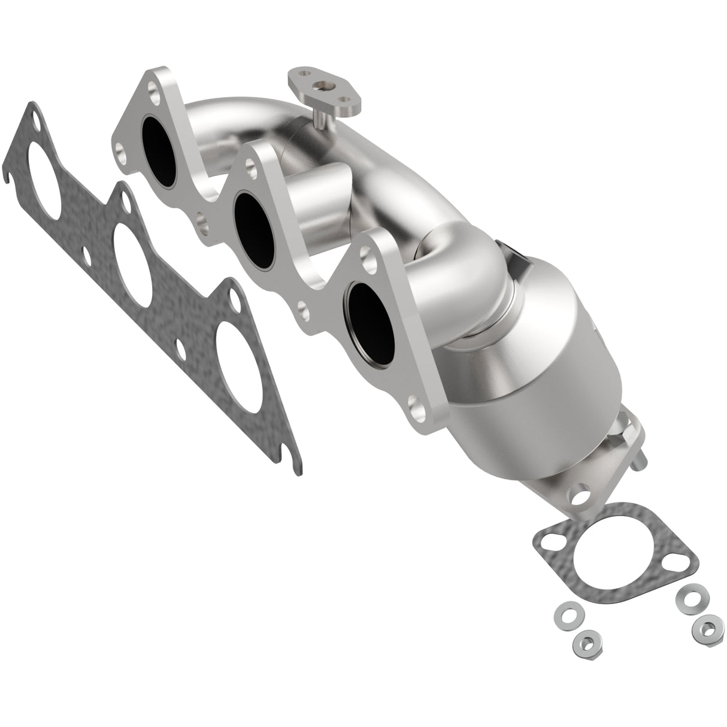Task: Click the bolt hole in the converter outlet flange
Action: coord(580,496)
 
